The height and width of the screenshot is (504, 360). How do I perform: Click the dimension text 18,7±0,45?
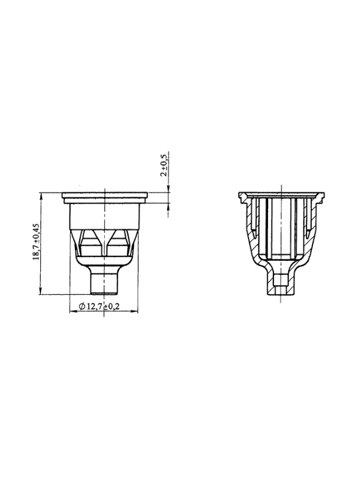click(36, 241)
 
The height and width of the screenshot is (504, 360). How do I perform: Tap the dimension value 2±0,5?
click(163, 165)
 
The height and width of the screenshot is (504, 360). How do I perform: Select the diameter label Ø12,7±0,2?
click(99, 307)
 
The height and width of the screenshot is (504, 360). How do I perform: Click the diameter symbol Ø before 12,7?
click(82, 307)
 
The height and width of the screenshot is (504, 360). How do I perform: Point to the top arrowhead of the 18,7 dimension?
click(40, 196)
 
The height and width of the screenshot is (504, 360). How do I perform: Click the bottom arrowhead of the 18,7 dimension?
click(40, 290)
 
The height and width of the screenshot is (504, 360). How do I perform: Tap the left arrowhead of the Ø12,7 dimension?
click(74, 311)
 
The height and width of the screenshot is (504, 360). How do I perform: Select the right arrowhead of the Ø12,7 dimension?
click(134, 311)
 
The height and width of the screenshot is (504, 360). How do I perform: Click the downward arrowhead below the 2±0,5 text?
click(168, 189)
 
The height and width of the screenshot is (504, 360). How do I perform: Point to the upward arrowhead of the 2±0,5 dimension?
click(168, 207)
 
